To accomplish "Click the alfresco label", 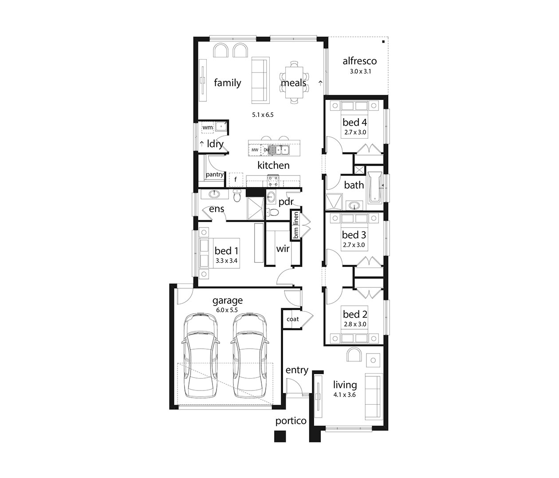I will point(359,61).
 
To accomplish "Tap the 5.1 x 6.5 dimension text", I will point(263,115).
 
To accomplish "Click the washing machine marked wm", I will point(208,127).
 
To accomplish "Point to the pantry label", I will point(215,175).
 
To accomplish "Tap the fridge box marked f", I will point(236,179).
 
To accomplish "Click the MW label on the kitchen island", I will point(255,150).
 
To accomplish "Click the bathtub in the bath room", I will point(375,187).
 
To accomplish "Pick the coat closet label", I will point(292,319).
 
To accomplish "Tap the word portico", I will point(291,421).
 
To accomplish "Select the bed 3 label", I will point(354,235).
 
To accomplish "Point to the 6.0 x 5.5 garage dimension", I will point(227,310).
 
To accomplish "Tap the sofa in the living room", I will point(373,397).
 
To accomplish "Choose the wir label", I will point(283,249).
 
